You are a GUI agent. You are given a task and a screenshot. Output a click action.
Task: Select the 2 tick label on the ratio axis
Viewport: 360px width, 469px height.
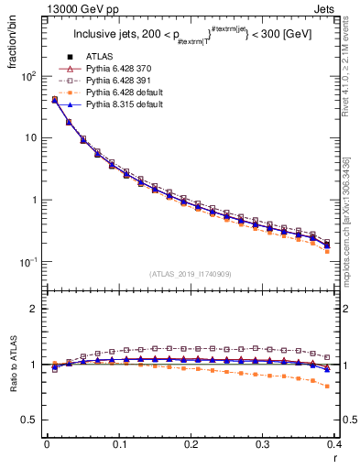[31, 309]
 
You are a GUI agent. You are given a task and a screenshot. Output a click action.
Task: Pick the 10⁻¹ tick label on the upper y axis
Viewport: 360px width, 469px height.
[25, 262]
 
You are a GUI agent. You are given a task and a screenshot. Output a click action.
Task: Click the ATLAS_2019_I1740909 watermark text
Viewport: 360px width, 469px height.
[191, 274]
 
